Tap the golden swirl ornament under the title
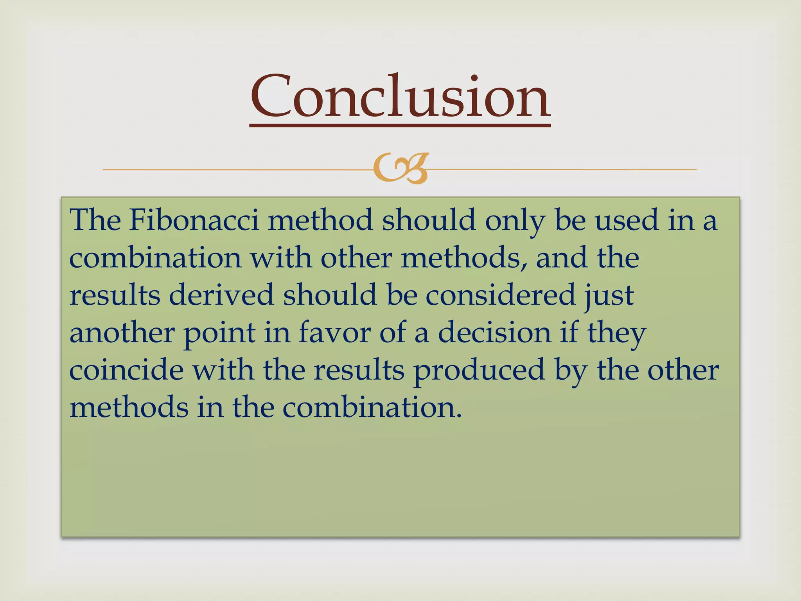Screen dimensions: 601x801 point(400,169)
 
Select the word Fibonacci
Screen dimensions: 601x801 point(194,220)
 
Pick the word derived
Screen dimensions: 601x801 point(221,295)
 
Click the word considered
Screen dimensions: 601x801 point(500,295)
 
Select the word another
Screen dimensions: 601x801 point(122,333)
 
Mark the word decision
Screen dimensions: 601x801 point(494,333)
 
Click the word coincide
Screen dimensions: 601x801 point(126,370)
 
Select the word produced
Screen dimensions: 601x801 point(479,370)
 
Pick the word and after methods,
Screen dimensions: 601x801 point(562,258)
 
